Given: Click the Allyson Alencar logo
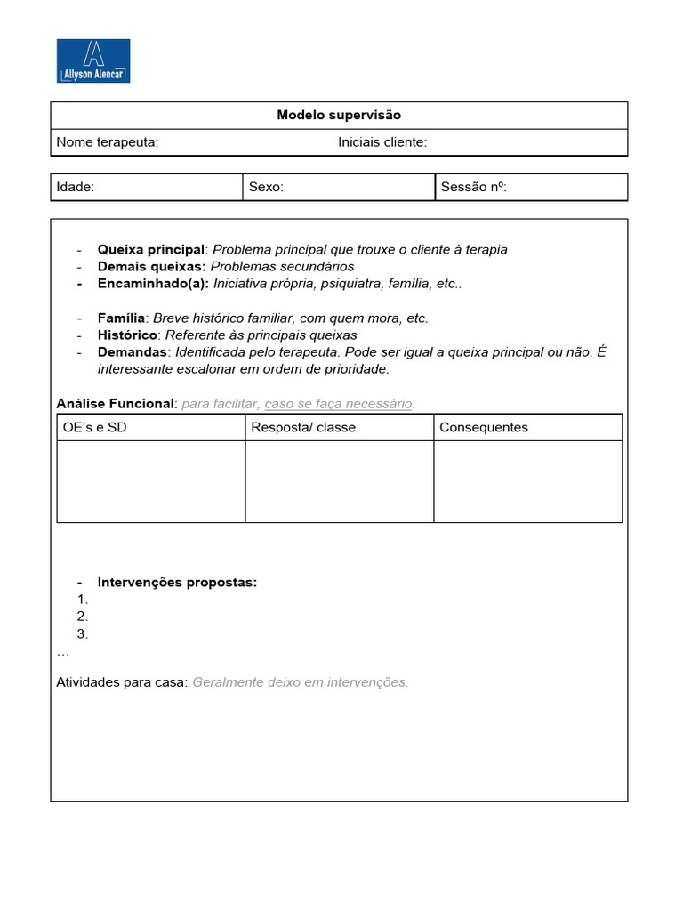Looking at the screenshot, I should coord(93,60).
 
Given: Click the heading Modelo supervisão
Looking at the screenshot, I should coord(339,115).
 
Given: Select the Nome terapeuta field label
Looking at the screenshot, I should coord(108,142).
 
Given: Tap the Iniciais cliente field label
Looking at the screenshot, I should coord(382,142).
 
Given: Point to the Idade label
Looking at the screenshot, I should coord(76,187).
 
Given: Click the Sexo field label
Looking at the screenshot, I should coord(266,187).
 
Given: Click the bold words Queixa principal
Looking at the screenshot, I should coord(151,249).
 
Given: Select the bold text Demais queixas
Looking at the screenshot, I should coord(152,266).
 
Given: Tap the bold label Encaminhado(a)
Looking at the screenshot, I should coord(153,284).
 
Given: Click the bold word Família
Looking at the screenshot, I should coord(122,318).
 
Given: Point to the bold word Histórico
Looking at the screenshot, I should coord(128,335).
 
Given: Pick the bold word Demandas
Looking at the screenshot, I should coord(133,351).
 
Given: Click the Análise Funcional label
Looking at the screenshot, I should coord(116,404).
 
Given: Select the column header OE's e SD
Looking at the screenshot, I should coord(95,427).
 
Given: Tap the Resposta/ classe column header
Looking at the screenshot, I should coord(303,427).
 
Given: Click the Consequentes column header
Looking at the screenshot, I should coord(484,427).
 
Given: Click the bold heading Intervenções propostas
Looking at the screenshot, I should coord(177,583).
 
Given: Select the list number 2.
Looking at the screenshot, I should coord(83,617).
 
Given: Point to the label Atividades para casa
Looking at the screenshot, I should coord(122,682).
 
